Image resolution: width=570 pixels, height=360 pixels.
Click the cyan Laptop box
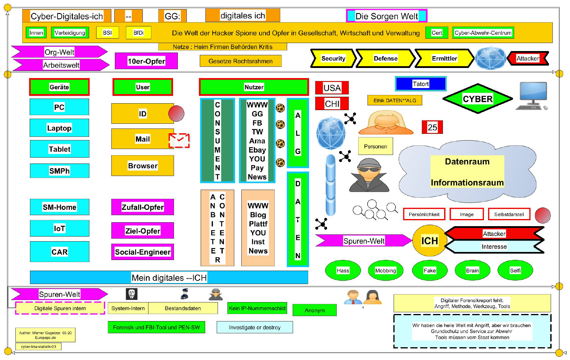click(x=59, y=128)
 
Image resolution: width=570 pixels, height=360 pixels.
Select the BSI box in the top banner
click(x=107, y=33)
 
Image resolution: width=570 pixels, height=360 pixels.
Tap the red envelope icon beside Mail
click(x=179, y=140)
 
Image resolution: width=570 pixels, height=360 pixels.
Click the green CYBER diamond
click(x=477, y=99)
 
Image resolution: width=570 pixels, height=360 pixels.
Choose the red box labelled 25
click(x=432, y=127)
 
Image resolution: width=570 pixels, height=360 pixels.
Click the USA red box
click(x=332, y=88)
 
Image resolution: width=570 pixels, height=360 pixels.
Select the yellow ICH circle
click(x=429, y=241)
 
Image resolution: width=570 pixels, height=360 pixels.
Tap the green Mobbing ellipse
click(x=385, y=270)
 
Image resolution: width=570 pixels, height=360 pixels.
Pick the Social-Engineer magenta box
click(x=142, y=252)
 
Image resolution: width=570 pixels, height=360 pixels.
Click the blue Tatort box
click(x=420, y=84)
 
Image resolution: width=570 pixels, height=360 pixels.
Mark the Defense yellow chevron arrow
click(x=385, y=58)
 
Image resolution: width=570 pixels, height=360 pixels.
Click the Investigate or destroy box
click(x=254, y=327)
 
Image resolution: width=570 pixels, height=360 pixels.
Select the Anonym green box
click(x=314, y=310)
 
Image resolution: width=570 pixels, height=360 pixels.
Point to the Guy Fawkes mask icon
click(x=132, y=294)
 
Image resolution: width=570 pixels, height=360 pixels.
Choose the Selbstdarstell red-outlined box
click(x=509, y=214)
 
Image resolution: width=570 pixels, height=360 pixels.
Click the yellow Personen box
click(x=375, y=146)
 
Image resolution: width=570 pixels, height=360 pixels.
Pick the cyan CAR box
click(x=59, y=252)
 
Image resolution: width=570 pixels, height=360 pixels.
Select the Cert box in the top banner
click(x=436, y=33)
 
